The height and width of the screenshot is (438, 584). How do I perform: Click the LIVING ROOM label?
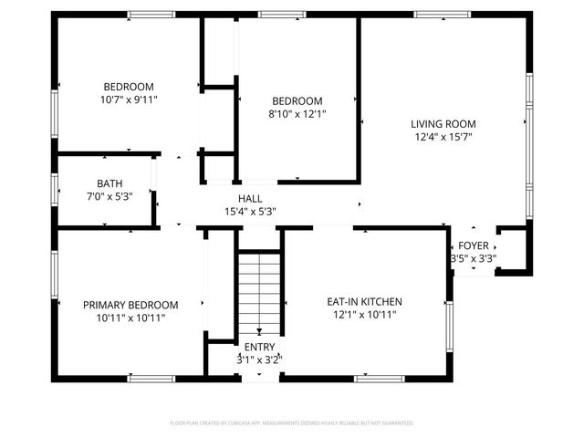tap(443, 124)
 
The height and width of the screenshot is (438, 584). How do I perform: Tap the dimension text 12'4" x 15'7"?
tap(443, 138)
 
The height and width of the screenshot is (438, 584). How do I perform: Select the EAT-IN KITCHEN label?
tap(364, 301)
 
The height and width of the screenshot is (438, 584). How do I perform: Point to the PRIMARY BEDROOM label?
tap(130, 305)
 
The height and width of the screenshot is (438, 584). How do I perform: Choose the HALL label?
tap(250, 198)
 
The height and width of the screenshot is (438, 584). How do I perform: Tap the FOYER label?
tap(473, 245)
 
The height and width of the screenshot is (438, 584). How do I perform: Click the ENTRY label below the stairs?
tap(259, 347)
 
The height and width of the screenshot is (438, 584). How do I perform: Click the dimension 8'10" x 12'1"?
tap(297, 114)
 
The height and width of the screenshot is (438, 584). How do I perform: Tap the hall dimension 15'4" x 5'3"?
tap(250, 211)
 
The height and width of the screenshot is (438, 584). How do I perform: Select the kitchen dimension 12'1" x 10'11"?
tap(364, 315)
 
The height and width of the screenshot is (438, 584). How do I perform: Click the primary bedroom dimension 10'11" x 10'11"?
tap(130, 318)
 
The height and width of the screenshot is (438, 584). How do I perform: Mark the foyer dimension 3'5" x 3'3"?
tap(473, 258)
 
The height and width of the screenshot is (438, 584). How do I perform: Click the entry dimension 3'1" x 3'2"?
tap(259, 360)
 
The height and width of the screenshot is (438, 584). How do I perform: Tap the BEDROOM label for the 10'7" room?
tap(128, 87)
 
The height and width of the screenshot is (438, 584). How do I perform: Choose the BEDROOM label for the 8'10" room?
tap(297, 101)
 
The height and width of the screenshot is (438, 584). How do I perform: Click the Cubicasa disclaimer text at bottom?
tap(292, 423)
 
